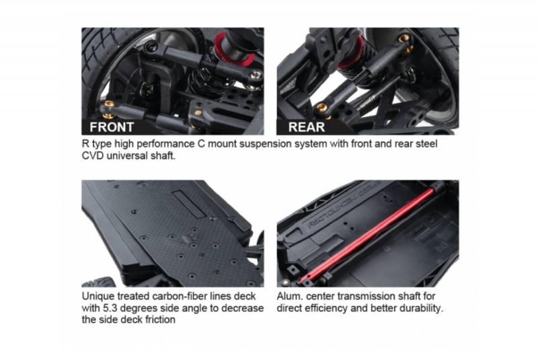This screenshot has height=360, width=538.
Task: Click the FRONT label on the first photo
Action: [x=112, y=127]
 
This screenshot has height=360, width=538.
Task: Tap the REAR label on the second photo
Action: [x=307, y=127]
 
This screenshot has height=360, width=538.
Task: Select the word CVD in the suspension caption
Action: [x=93, y=155]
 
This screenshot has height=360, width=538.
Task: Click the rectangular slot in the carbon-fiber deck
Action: [x=190, y=205]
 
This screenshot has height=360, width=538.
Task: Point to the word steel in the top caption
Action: [x=426, y=144]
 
